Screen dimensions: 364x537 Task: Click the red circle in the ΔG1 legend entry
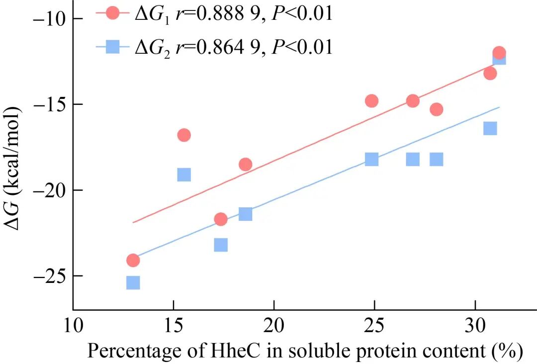pyautogui.click(x=113, y=13)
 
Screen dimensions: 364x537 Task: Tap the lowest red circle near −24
pyautogui.click(x=133, y=260)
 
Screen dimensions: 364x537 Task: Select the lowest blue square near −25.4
pyautogui.click(x=133, y=283)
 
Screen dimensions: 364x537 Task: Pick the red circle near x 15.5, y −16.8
pyautogui.click(x=184, y=135)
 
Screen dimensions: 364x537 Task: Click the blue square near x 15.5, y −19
pyautogui.click(x=184, y=175)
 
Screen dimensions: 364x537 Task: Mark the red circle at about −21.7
pyautogui.click(x=221, y=219)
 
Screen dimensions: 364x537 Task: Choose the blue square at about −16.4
pyautogui.click(x=490, y=128)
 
